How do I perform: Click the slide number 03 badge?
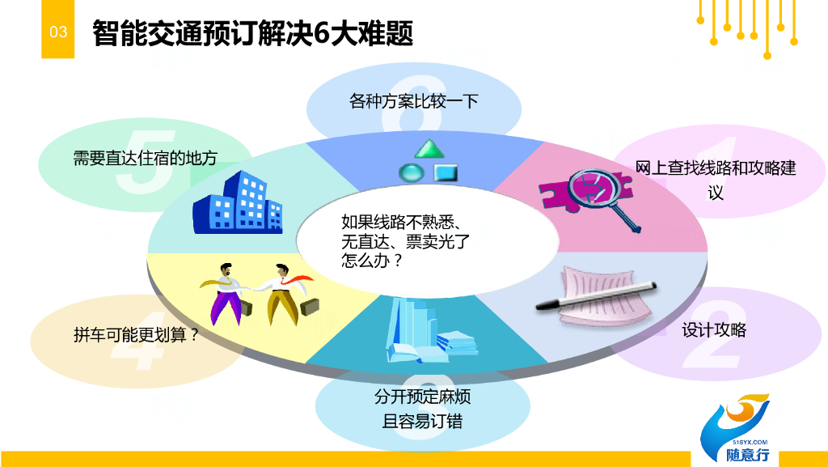(x=58, y=32)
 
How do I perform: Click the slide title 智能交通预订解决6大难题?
(x=252, y=33)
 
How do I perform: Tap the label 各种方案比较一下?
(x=414, y=100)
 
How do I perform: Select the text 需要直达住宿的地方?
(x=146, y=159)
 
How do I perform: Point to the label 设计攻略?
(x=714, y=329)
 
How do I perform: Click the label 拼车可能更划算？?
(x=136, y=334)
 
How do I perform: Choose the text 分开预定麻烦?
(x=422, y=397)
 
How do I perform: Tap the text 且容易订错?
(x=422, y=421)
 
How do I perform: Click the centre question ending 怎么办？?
(x=372, y=261)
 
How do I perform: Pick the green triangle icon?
(x=430, y=149)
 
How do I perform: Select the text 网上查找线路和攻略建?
(x=716, y=168)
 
